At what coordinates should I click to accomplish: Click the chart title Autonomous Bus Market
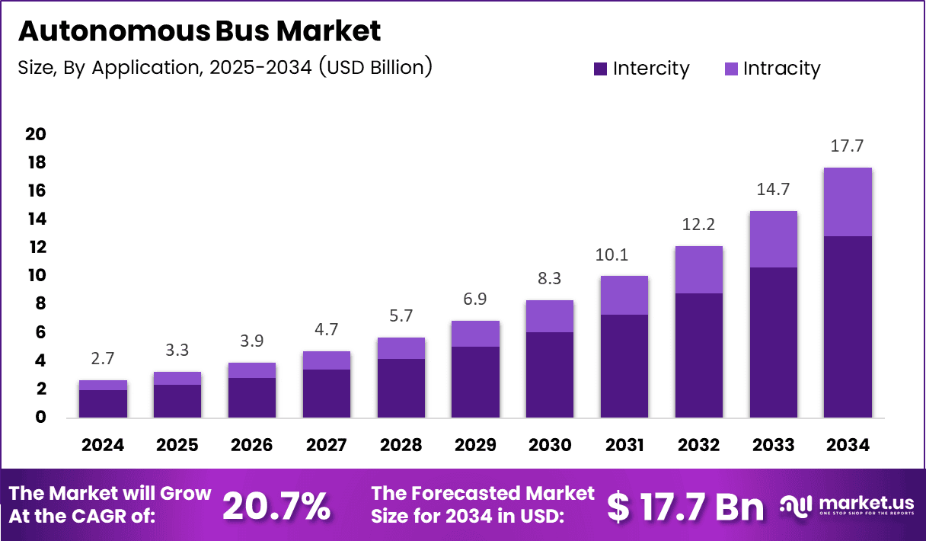pyautogui.click(x=199, y=31)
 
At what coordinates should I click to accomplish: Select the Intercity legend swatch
pyautogui.click(x=601, y=69)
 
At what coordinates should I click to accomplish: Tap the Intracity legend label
pyautogui.click(x=781, y=69)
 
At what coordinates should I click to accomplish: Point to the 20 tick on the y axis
pyautogui.click(x=36, y=134)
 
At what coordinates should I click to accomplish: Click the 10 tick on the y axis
pyautogui.click(x=36, y=275)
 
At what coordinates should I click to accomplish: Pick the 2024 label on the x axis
pyautogui.click(x=103, y=444)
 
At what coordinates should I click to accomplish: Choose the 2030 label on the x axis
pyautogui.click(x=550, y=444)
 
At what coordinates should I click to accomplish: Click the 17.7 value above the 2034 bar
pyautogui.click(x=848, y=146)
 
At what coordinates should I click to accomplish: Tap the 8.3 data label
pyautogui.click(x=550, y=279)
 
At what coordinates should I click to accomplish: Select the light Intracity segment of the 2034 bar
pyautogui.click(x=848, y=202)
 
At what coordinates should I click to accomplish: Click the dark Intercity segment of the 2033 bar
pyautogui.click(x=773, y=342)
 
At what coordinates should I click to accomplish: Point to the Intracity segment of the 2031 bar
pyautogui.click(x=624, y=295)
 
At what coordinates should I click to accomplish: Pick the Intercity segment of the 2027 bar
pyautogui.click(x=326, y=393)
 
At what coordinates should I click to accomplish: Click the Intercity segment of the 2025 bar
pyautogui.click(x=177, y=401)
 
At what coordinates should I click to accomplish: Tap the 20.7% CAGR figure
pyautogui.click(x=276, y=506)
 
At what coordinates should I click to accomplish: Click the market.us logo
pyautogui.click(x=846, y=506)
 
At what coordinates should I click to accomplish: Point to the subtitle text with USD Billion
pyautogui.click(x=225, y=67)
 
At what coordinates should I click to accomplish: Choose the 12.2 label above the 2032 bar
pyautogui.click(x=698, y=225)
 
